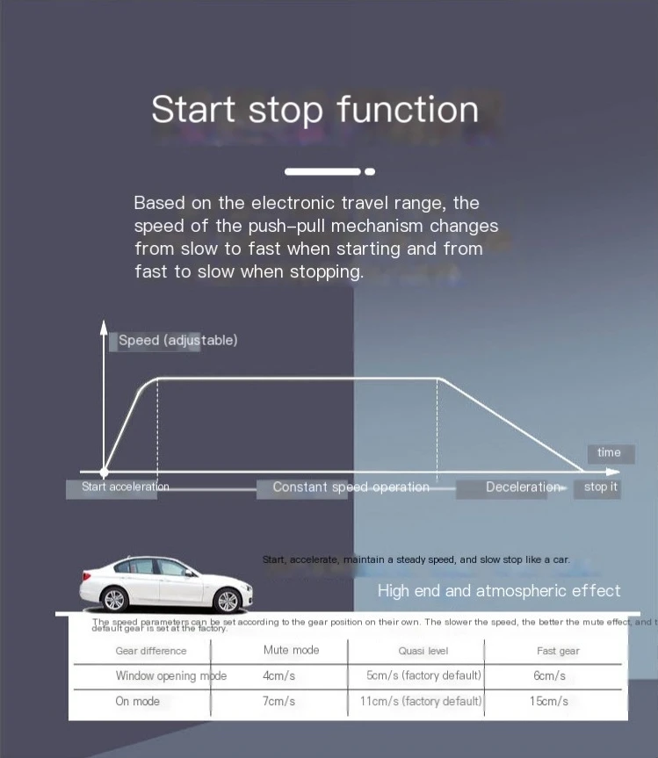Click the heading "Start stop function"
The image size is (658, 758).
coord(315,110)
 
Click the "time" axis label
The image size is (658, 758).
coord(609,452)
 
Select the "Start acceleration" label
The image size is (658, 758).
coord(125,487)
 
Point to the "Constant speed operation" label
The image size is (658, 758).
coord(351,487)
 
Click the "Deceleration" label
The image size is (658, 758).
coord(522,487)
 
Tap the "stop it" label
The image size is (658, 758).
coord(601,487)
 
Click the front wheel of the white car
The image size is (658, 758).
coord(115,600)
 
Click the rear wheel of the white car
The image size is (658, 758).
coord(227,600)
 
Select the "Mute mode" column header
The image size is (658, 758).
coord(291,650)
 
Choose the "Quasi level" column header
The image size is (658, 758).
coord(423,651)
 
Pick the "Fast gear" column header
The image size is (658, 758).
coord(558,651)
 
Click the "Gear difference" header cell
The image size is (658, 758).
coord(151,651)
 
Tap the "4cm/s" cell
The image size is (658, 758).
coord(278,676)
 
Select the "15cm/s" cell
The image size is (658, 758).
coord(550,701)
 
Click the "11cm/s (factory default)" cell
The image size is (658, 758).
coord(422,701)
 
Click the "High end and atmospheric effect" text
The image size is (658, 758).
coord(499,591)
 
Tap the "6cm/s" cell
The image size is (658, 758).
coord(549,676)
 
